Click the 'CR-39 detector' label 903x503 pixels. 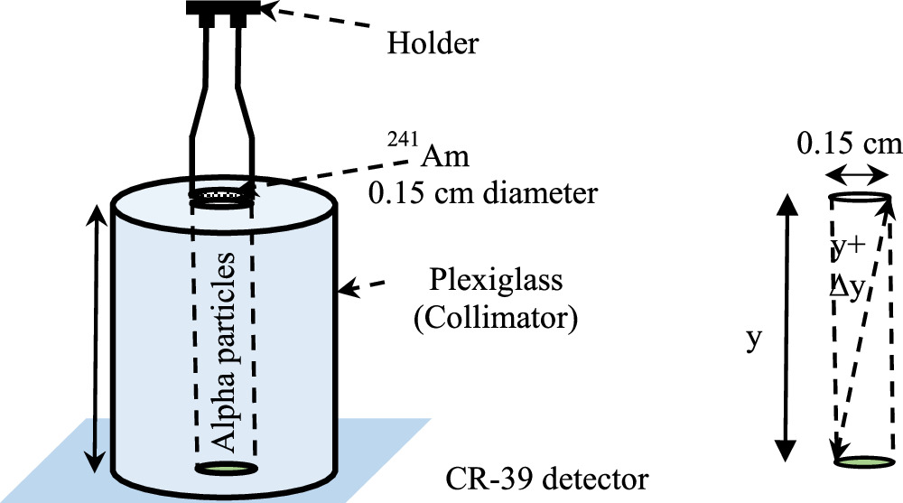click(x=547, y=476)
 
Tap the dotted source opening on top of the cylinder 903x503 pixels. click(x=223, y=193)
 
